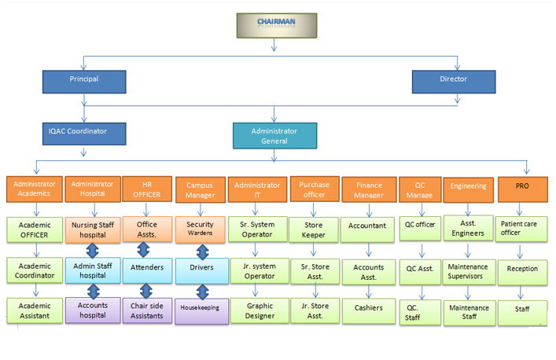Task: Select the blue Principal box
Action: point(83,80)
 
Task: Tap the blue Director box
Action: point(453,80)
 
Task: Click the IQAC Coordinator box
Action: point(83,132)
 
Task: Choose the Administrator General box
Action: point(274,135)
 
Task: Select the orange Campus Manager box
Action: point(200,190)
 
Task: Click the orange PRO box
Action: point(522,187)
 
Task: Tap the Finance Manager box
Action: point(368,190)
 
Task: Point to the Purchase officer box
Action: point(314,189)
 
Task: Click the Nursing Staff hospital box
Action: point(93,229)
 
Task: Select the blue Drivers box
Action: point(201,268)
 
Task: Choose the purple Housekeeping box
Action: point(201,309)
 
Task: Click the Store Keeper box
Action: point(314,229)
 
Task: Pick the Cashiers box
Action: point(368,308)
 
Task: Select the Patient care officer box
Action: point(522,228)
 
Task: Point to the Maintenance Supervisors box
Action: point(469,271)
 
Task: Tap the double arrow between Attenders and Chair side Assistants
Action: point(144,290)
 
